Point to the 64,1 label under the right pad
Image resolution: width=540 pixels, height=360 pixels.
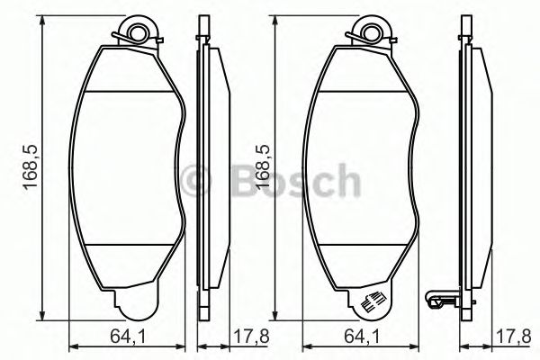(361, 338)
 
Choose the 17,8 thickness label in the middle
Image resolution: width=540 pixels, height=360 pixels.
(231, 338)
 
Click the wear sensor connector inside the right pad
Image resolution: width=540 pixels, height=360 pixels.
(370, 304)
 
